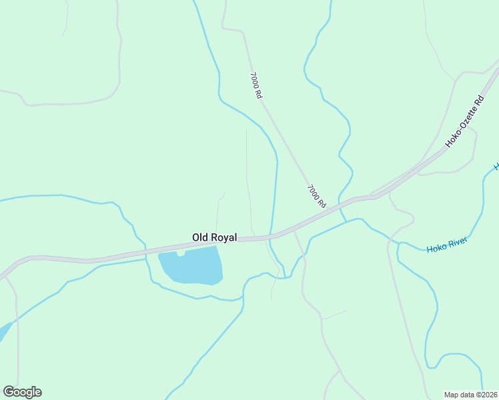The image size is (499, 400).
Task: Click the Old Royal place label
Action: (x=214, y=237)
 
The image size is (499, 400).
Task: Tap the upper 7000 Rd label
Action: (x=256, y=85)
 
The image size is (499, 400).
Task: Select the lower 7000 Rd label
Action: (x=316, y=195)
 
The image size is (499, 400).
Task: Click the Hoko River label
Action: (x=447, y=245)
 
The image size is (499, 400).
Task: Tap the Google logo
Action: (x=22, y=392)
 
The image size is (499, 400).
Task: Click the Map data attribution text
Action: (x=471, y=394)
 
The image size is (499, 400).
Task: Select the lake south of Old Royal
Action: (x=191, y=266)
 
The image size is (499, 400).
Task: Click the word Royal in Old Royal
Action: (x=223, y=237)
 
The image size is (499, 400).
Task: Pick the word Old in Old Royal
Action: (x=200, y=237)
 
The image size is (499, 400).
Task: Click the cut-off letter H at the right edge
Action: (x=496, y=165)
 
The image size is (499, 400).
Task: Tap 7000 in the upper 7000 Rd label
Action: (x=254, y=81)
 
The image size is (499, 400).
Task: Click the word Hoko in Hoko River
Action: (x=436, y=248)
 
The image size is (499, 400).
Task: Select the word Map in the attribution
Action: (x=452, y=394)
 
